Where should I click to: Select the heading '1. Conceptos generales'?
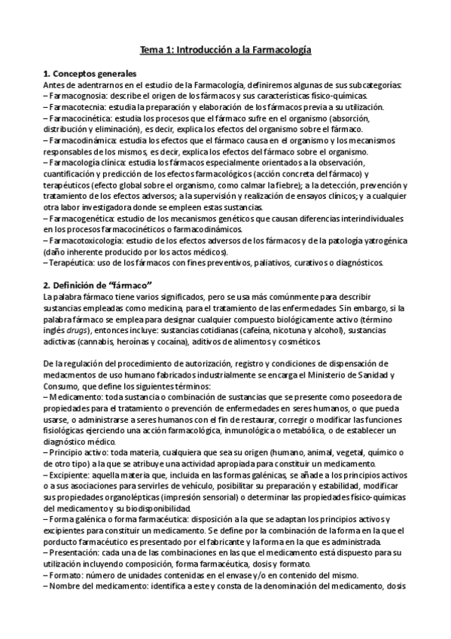(x=90, y=74)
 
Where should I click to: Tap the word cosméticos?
(x=297, y=332)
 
